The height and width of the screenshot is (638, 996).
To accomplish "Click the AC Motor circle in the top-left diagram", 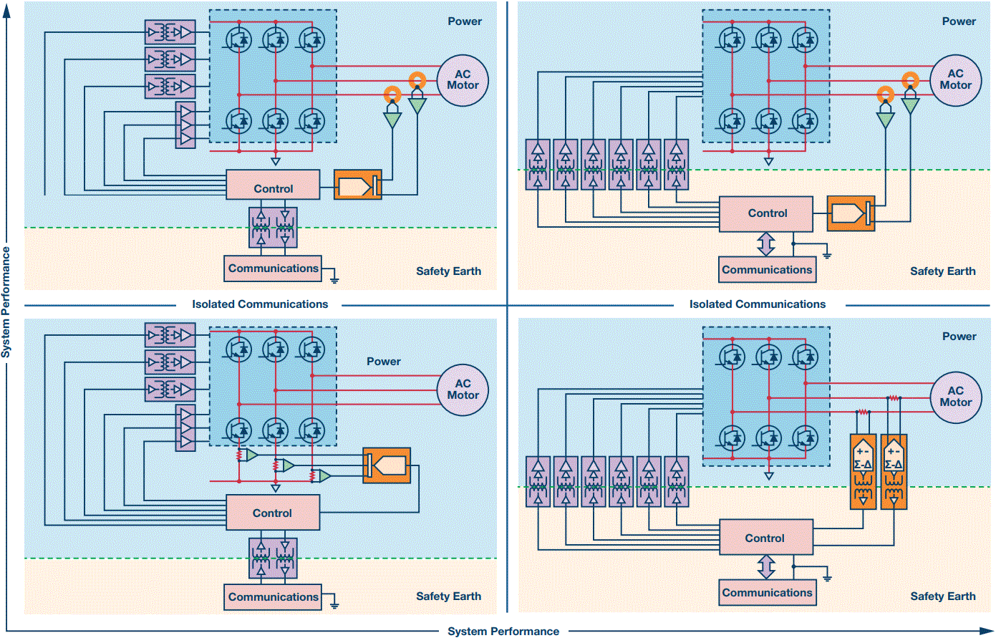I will tap(463, 80).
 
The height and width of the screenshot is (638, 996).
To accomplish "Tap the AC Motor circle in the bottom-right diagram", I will tap(955, 397).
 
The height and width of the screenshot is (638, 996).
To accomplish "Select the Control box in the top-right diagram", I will tap(766, 213).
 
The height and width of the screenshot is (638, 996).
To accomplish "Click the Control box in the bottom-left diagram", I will tap(273, 513).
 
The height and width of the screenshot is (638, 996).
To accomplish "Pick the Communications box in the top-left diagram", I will tap(273, 269).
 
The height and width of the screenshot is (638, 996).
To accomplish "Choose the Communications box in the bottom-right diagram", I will tap(767, 593).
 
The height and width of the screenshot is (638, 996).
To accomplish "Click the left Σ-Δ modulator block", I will tap(864, 471).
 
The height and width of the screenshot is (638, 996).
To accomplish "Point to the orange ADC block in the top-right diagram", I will tap(851, 213).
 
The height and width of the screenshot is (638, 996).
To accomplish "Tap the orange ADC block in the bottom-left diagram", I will tap(387, 465).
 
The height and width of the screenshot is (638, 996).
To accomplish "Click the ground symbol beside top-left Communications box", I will tap(334, 277).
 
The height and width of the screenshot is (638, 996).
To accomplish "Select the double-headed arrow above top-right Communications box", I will tap(766, 243).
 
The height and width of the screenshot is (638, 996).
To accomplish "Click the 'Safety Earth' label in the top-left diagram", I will tap(448, 271).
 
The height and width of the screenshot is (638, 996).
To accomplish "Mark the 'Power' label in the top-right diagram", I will tap(959, 21).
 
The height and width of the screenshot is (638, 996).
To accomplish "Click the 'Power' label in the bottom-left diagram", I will tap(384, 362).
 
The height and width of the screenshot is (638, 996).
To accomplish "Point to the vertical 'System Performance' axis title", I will tap(6, 302).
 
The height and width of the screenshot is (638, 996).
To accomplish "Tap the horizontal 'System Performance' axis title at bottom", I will tap(503, 631).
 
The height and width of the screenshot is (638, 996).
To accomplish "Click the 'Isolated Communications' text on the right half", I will tap(758, 304).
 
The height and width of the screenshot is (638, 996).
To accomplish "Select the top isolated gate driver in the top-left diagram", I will tap(170, 32).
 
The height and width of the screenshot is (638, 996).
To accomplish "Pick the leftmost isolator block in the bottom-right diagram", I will tap(538, 481).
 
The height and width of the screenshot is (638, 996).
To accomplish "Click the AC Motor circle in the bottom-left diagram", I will tap(463, 390).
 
